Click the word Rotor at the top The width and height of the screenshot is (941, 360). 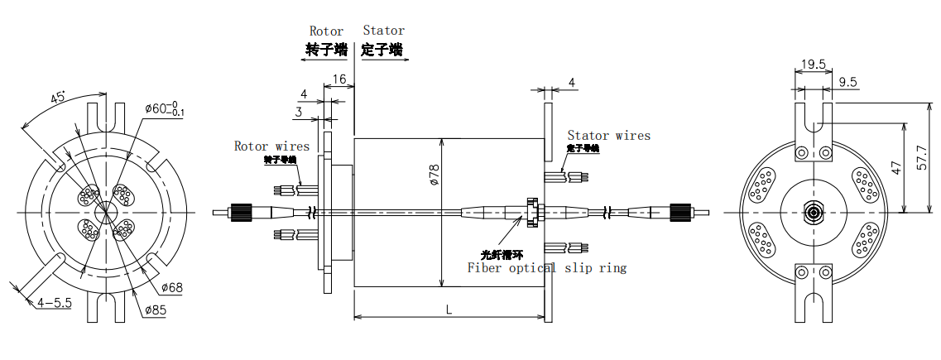tap(326, 31)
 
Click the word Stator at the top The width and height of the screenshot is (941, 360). tap(383, 31)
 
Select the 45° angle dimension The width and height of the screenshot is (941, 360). tap(59, 98)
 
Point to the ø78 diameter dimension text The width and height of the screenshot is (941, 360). tap(434, 174)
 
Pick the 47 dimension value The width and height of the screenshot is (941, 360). tap(895, 167)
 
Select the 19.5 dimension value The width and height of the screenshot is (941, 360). tap(814, 65)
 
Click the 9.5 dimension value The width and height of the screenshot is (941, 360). tap(847, 82)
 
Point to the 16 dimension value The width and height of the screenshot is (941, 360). tap(338, 79)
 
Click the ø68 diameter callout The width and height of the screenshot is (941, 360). tap(170, 287)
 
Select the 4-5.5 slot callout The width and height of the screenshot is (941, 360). tap(55, 303)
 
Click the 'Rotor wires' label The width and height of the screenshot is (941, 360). tap(271, 146)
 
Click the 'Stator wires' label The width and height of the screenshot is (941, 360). tap(608, 135)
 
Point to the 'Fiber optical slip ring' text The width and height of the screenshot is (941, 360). tap(546, 267)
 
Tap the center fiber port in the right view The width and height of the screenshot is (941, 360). tap(814, 213)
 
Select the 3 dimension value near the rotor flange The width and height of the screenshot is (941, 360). tap(298, 112)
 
